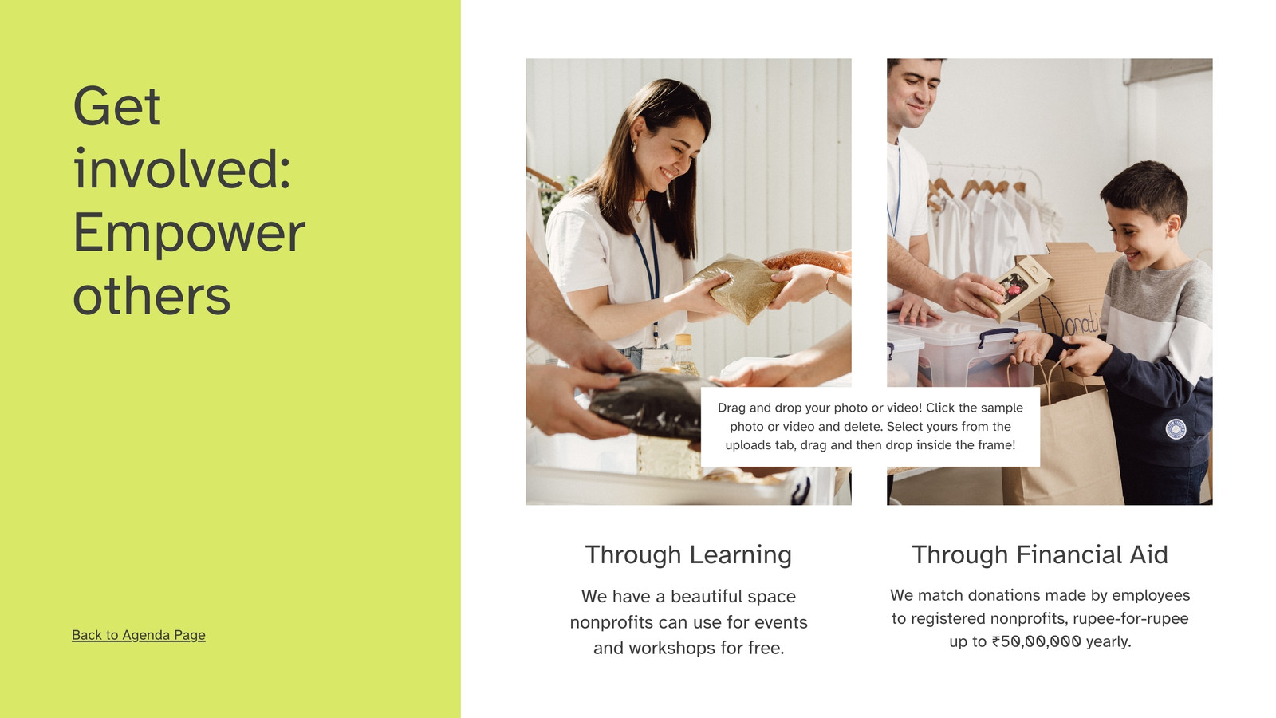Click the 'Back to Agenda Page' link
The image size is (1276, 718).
pos(139,635)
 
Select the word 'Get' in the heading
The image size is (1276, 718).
pos(116,106)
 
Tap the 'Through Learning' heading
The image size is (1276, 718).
pos(688,554)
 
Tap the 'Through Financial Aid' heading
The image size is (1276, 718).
pos(1040,554)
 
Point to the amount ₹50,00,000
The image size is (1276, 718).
pos(1036,641)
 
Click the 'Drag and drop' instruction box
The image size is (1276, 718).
pos(870,427)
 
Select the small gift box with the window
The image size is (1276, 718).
pos(1022,287)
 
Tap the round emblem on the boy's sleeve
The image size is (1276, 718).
pos(1176,428)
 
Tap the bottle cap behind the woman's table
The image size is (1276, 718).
pos(683,340)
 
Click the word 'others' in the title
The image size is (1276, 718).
pos(152,296)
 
